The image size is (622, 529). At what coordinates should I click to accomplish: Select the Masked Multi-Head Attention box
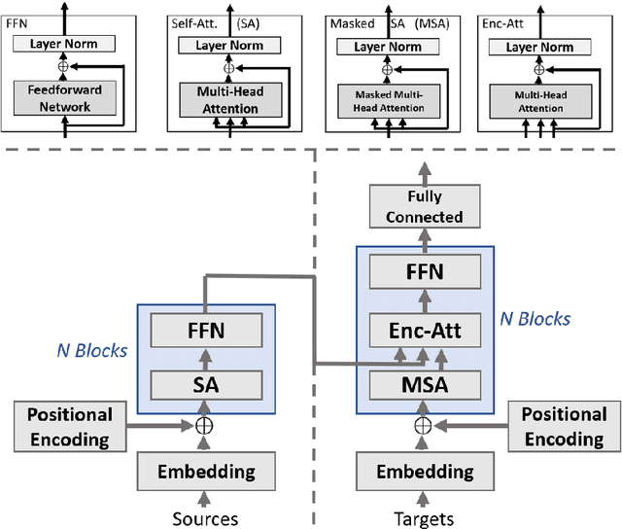tap(388, 100)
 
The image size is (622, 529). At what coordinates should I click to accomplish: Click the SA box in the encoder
tap(205, 383)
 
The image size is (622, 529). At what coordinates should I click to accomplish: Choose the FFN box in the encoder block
tap(205, 332)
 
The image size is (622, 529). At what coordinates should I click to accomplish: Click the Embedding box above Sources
tap(205, 472)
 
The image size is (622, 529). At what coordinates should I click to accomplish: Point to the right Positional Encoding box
tap(565, 426)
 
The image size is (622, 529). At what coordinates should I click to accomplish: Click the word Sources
tap(205, 518)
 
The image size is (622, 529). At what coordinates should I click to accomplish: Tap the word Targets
tap(423, 518)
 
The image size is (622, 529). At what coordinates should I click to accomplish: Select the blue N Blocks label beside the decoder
tap(535, 318)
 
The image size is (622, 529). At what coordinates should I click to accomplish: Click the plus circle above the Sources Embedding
tap(205, 425)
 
